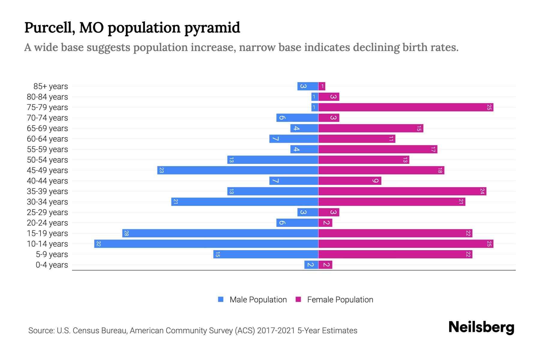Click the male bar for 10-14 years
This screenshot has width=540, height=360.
tap(206, 244)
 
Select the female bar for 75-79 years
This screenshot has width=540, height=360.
tap(406, 107)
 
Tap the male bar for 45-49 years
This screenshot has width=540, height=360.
tap(238, 170)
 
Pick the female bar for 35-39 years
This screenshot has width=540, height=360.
tap(402, 191)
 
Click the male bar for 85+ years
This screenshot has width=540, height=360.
tap(307, 86)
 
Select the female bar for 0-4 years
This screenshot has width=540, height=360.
tap(325, 265)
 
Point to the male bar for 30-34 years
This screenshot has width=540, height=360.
tap(244, 202)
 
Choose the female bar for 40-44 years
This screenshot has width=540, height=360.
tap(349, 181)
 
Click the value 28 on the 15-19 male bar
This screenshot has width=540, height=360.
tap(126, 233)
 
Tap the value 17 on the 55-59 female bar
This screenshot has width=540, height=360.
tap(433, 149)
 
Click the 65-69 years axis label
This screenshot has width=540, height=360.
tap(47, 128)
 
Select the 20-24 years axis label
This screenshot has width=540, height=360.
tap(47, 223)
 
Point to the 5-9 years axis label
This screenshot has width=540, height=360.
tap(52, 254)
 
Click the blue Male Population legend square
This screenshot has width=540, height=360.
tap(221, 299)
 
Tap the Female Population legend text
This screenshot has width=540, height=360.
tap(340, 299)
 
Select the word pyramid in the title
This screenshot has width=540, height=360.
tap(212, 28)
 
